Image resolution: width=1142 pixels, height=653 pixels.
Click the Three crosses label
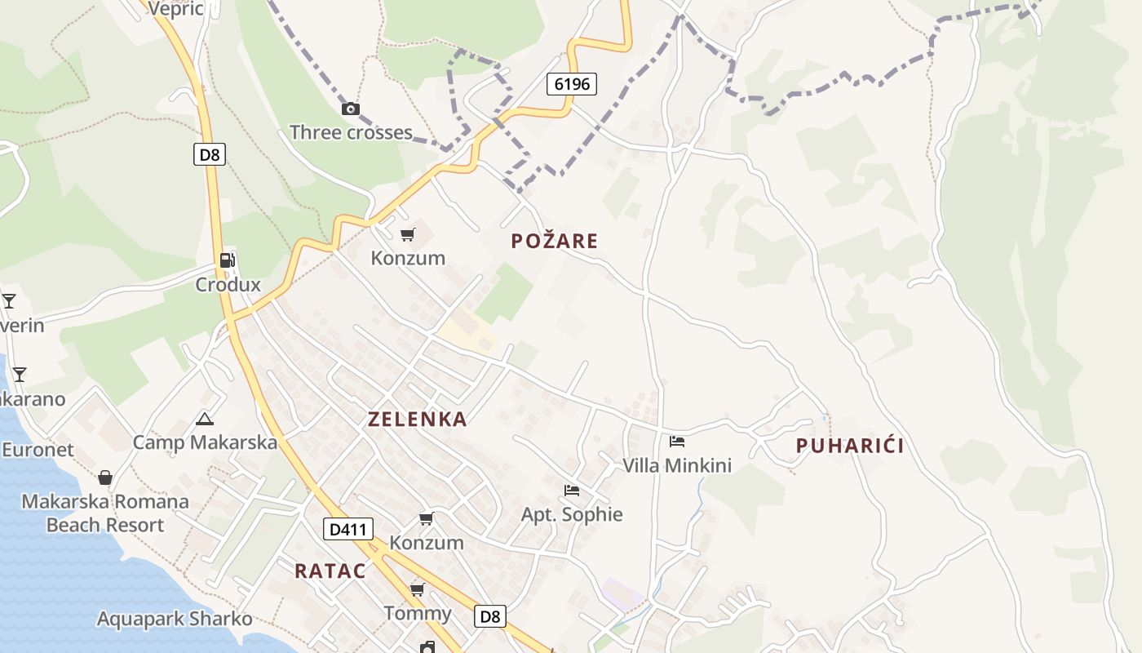[x=351, y=132]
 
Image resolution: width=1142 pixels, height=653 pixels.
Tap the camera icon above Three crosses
[x=350, y=109]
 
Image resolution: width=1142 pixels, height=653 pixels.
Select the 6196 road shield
[x=572, y=83]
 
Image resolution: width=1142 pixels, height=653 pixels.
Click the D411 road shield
[x=348, y=529]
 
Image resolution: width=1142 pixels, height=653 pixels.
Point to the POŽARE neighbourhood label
[x=555, y=241]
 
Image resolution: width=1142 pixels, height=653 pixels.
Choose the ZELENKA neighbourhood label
[x=418, y=420]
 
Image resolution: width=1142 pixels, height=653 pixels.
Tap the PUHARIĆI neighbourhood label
[x=850, y=446]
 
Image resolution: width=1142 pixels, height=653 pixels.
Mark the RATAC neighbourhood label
[x=330, y=571]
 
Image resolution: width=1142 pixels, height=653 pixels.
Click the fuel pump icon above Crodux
[x=228, y=260]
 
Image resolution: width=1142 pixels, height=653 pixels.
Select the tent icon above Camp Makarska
[x=205, y=420]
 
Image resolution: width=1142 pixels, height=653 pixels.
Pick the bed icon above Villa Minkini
[x=677, y=442]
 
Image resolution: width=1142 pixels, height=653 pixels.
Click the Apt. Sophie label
[x=572, y=514]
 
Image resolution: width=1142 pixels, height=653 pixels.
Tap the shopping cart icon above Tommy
[x=418, y=589]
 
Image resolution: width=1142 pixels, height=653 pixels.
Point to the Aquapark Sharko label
[x=175, y=619]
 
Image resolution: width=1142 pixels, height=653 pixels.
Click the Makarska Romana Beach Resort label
[x=105, y=513]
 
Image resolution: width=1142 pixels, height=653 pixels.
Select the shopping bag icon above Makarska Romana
[x=105, y=478]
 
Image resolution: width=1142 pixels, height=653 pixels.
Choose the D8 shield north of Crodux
[x=210, y=154]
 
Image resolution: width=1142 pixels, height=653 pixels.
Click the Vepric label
[x=175, y=8]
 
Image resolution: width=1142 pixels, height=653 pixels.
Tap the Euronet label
[x=38, y=450]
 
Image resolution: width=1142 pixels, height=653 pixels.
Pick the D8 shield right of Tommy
[x=490, y=616]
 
